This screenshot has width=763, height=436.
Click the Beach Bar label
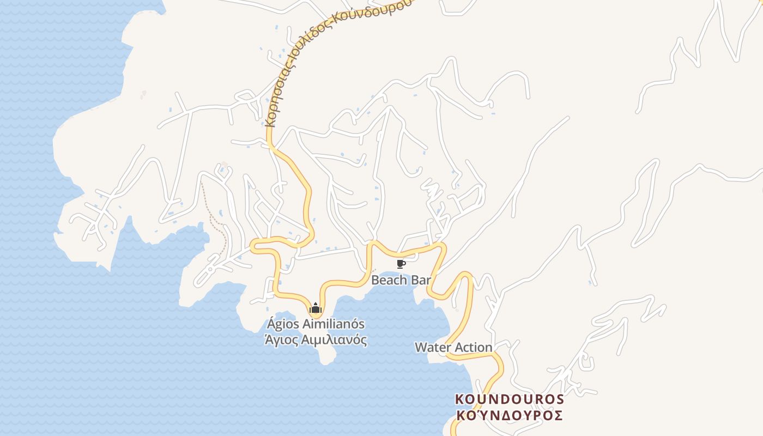click(x=401, y=280)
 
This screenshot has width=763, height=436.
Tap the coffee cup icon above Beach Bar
click(x=401, y=264)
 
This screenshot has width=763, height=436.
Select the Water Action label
click(x=453, y=347)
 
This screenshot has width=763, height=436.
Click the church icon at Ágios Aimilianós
click(x=316, y=308)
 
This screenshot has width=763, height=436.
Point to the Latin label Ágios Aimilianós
click(x=316, y=324)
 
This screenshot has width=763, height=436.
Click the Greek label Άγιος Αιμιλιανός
click(x=316, y=340)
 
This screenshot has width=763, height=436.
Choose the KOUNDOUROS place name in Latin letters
click(x=509, y=399)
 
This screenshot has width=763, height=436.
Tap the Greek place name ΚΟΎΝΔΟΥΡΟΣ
click(x=509, y=415)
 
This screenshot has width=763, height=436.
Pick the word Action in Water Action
click(x=473, y=347)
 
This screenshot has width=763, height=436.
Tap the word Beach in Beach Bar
click(x=390, y=280)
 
